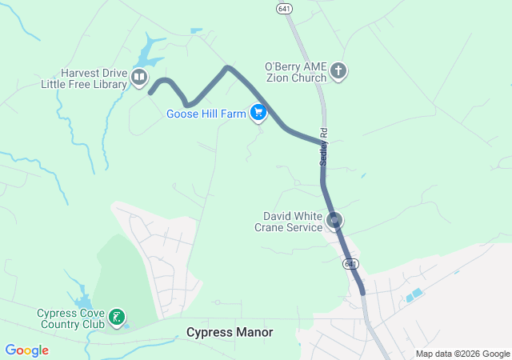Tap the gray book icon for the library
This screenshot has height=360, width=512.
tap(139, 78)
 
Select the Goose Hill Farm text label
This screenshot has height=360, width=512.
tap(206, 114)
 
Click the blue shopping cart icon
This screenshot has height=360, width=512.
tap(258, 113)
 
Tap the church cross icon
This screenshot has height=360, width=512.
tap(338, 72)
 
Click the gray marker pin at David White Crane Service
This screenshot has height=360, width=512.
tap(335, 220)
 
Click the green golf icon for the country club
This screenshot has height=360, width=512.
tap(117, 318)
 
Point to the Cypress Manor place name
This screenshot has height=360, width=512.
tap(229, 332)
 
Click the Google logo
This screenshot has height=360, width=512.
tap(26, 350)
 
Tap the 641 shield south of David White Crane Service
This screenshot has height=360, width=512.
tap(350, 263)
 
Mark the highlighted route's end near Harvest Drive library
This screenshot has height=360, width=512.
tap(150, 93)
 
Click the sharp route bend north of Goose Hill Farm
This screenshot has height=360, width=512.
tap(228, 67)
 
